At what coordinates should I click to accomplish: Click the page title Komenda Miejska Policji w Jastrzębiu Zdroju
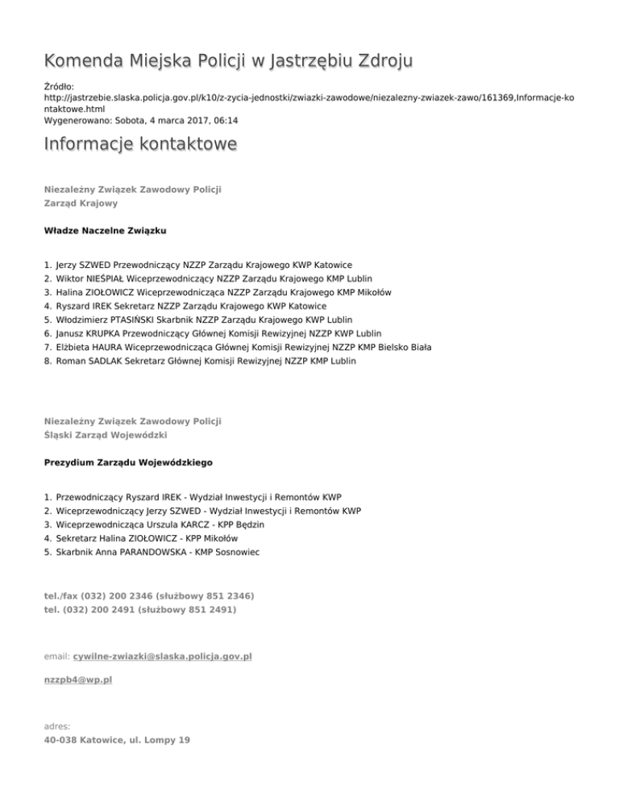click(229, 61)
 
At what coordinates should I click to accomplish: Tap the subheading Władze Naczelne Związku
click(106, 231)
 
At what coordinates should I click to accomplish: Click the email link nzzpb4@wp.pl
click(78, 680)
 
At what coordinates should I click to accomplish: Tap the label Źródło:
click(58, 85)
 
